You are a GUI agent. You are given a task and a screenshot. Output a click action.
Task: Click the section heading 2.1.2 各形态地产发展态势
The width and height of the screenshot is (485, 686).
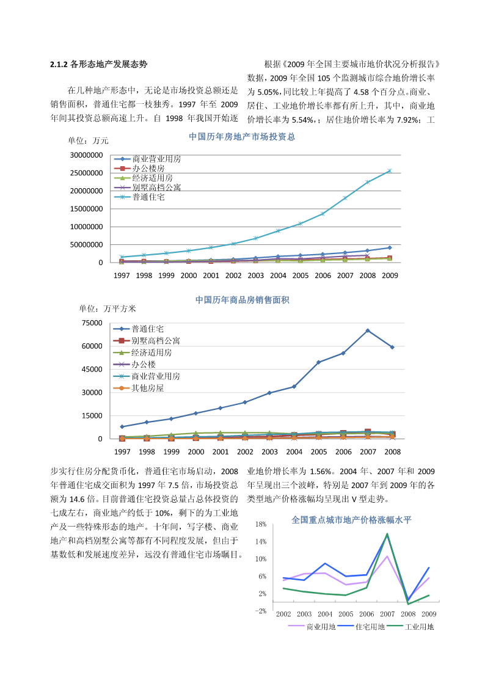pos(98,64)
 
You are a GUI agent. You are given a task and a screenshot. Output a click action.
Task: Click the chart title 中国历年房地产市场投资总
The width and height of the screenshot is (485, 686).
pos(242,136)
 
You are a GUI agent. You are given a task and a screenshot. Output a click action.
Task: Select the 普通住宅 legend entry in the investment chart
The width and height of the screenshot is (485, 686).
pos(139,197)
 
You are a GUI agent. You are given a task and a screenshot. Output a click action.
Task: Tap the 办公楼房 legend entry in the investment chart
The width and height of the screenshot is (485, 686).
pos(139,169)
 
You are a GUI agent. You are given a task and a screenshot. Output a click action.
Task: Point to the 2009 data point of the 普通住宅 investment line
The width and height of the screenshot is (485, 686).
pos(390,170)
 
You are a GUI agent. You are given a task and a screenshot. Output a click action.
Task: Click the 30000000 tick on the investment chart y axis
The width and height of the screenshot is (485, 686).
pos(87,155)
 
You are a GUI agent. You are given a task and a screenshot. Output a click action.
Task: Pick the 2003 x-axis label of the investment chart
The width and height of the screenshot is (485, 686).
pos(255,275)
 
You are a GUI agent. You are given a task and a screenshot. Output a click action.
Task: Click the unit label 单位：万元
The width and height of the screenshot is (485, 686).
pos(88,140)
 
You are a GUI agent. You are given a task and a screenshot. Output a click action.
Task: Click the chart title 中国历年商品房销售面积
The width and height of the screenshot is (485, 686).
pos(242,300)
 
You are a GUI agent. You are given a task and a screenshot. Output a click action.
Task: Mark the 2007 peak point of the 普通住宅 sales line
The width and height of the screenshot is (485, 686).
pos(368,330)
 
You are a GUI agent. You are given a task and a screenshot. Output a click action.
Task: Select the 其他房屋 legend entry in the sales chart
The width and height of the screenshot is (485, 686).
pos(139,388)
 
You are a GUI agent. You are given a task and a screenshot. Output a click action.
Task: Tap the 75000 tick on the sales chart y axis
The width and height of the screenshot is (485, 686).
pos(92,323)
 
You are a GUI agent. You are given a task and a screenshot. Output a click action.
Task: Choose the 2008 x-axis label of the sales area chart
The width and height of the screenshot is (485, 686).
pos(392,452)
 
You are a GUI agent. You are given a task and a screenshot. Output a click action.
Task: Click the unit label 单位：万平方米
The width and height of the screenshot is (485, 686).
pos(108,308)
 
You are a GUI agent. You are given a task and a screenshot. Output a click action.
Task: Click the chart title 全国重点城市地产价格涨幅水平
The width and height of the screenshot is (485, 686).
pos(352,520)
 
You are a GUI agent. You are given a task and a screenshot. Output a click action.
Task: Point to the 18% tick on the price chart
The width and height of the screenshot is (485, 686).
pos(261,524)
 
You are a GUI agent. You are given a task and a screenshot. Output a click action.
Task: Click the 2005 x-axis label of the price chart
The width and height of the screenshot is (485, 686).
pos(346,614)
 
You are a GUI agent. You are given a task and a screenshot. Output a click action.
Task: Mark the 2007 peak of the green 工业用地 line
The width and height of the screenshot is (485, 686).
pos(387,534)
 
